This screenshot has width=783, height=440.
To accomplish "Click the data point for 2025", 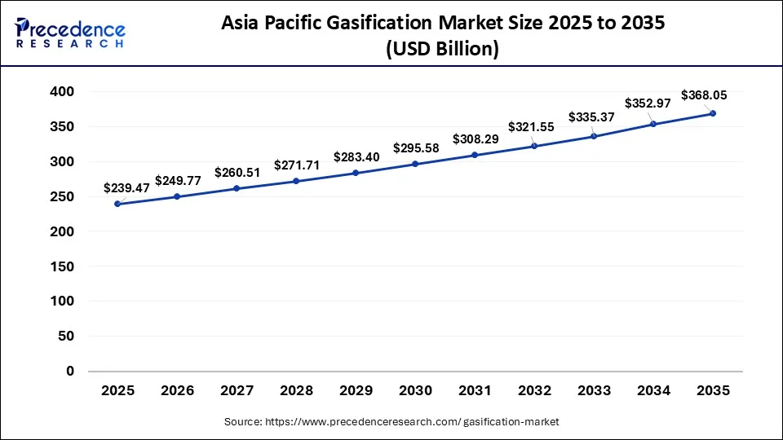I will [x=117, y=204].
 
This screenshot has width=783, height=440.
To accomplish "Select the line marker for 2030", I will [x=415, y=164].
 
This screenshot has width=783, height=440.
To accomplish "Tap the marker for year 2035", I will [x=713, y=113].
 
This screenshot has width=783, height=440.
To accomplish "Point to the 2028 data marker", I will [x=296, y=181].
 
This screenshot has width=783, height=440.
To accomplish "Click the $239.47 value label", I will [x=126, y=188].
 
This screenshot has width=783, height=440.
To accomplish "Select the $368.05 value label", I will [x=704, y=95].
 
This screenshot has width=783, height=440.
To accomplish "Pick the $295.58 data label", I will [x=416, y=147].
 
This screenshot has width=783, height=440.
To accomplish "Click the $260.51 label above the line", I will [x=237, y=172].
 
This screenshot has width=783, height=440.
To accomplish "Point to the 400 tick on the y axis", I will [x=63, y=92].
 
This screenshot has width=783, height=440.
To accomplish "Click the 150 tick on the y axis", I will [x=63, y=266].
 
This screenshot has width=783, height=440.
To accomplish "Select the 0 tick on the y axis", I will [x=70, y=371].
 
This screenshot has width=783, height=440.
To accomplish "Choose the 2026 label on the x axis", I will [x=177, y=392].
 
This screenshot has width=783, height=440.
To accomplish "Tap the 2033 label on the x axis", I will [x=594, y=392].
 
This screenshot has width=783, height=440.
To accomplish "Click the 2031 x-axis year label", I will [x=475, y=392].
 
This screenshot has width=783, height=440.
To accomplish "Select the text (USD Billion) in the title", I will [x=443, y=49].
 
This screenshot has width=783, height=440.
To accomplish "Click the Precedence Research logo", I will [x=70, y=33].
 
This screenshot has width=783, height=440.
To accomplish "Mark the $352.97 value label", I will [x=648, y=103].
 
